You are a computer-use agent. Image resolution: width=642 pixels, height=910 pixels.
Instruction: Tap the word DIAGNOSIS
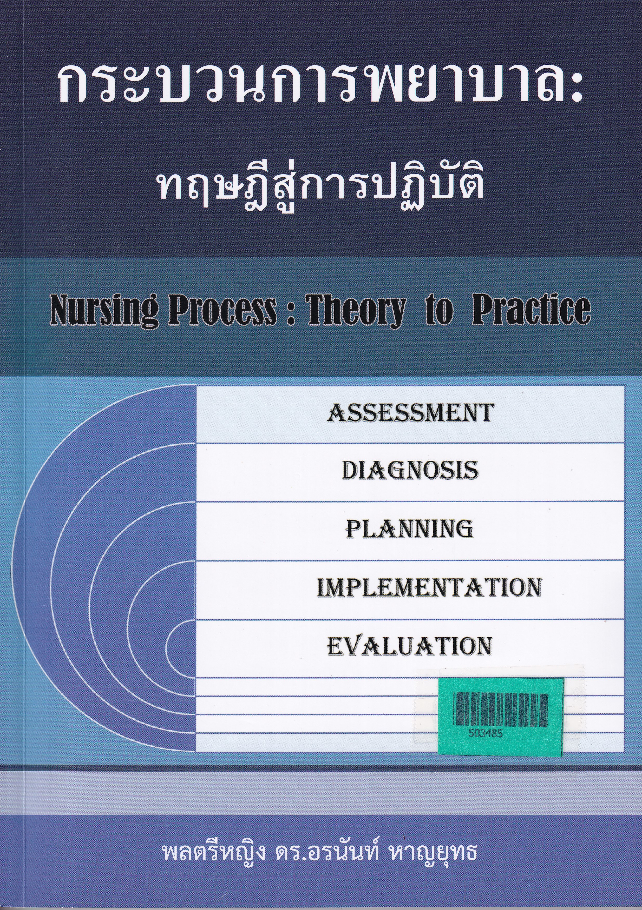(x=410, y=471)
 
